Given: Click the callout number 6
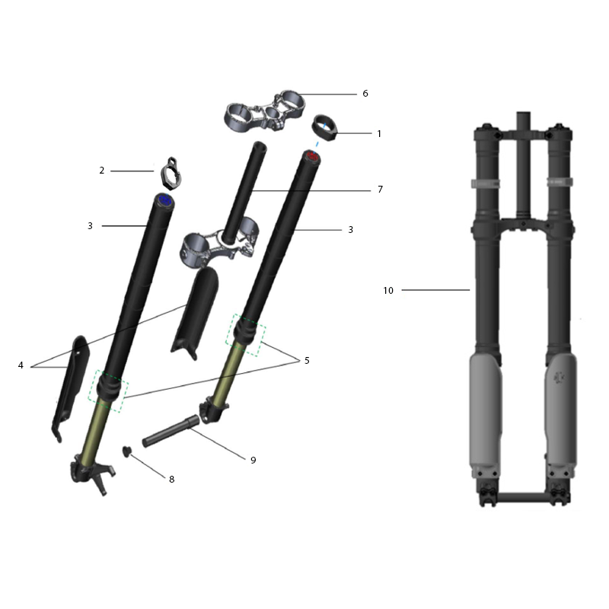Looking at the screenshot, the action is pyautogui.click(x=365, y=94).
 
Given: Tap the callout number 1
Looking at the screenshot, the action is pyautogui.click(x=379, y=134).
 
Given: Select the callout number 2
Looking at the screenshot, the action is pyautogui.click(x=102, y=171).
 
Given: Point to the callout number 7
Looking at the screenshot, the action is pyautogui.click(x=380, y=189).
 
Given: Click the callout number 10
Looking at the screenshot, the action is pyautogui.click(x=388, y=291).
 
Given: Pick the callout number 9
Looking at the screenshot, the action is pyautogui.click(x=253, y=461).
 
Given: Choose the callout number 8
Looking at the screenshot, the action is pyautogui.click(x=172, y=480).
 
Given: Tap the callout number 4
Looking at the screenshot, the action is pyautogui.click(x=21, y=365).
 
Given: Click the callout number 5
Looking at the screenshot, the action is pyautogui.click(x=307, y=361).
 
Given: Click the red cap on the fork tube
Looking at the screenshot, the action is pyautogui.click(x=311, y=157).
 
